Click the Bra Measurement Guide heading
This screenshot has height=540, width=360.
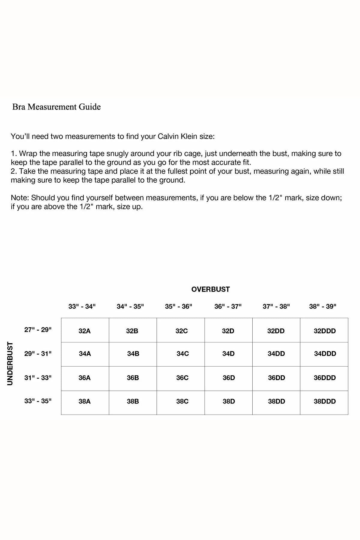56,107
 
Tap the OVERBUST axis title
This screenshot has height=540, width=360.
210,289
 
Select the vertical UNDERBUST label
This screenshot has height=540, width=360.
10,363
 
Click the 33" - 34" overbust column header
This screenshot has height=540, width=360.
82,306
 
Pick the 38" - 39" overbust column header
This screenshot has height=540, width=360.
323,306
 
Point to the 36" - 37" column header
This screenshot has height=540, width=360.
228,306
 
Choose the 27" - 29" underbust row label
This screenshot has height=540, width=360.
38,330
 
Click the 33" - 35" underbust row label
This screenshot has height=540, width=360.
38,401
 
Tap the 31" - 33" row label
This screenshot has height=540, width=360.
38,378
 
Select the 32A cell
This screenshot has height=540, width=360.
85,331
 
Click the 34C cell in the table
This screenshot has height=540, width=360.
183,354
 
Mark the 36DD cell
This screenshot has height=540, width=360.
276,378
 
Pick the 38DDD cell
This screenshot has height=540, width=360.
325,401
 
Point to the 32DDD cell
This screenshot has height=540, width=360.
325,331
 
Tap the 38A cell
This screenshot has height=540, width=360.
85,401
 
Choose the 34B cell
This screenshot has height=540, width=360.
133,354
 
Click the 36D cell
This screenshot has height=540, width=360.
229,378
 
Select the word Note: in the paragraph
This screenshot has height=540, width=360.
20,198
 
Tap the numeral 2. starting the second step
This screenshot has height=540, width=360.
14,171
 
